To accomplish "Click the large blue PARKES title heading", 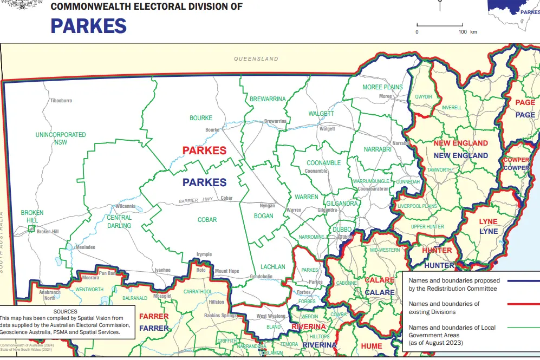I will (x=89, y=25).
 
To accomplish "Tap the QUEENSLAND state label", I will (x=256, y=59).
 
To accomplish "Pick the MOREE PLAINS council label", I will (x=383, y=87).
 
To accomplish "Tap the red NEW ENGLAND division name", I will (x=460, y=143).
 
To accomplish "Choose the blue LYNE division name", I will (x=488, y=231).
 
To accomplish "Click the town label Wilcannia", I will (x=125, y=207).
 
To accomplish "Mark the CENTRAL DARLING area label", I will (x=119, y=222).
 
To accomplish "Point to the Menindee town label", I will (x=86, y=247).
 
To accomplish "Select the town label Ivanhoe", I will (x=162, y=270).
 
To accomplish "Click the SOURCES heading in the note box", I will (x=66, y=312).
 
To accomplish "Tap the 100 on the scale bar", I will (x=463, y=32).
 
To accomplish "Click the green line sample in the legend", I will (x=524, y=328).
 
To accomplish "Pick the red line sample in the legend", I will (x=524, y=304).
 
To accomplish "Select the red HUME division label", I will (x=371, y=346).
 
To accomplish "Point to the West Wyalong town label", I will (x=269, y=316).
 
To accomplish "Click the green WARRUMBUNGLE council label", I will (x=370, y=181).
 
